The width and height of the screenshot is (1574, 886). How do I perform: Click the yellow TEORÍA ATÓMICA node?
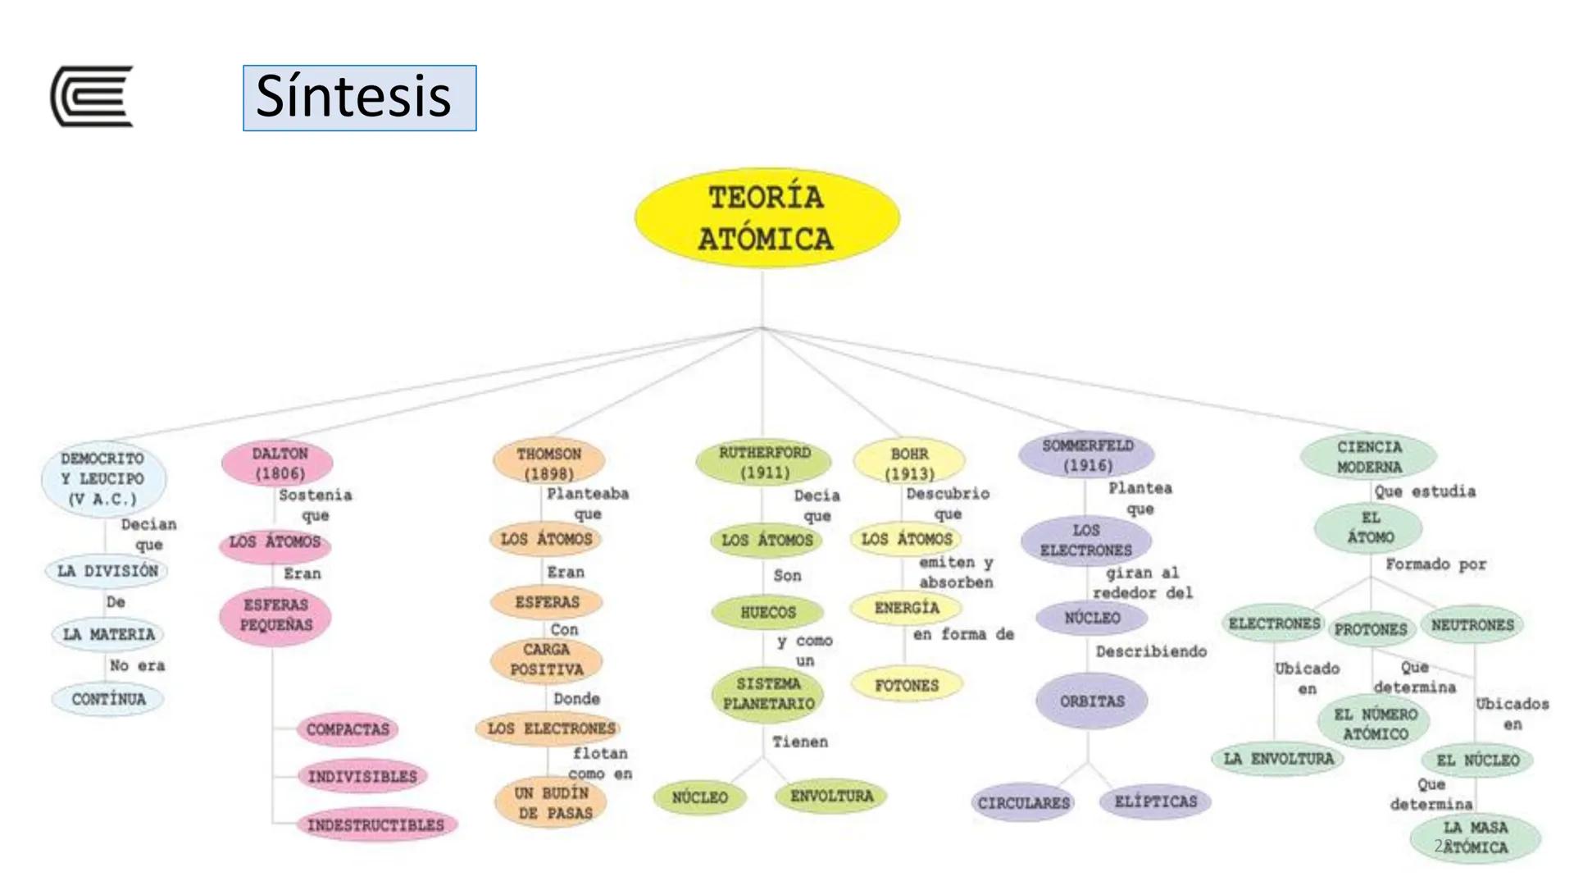coord(767,218)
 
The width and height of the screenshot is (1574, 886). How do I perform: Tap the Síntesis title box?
coord(359,98)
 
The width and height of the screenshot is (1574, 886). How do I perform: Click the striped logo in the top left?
coord(92,96)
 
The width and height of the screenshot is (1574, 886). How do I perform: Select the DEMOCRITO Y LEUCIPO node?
coord(103,479)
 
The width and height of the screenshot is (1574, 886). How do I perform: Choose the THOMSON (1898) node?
coord(548,464)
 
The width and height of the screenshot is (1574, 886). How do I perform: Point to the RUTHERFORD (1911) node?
coord(764,463)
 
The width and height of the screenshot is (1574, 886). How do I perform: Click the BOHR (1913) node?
coord(909,464)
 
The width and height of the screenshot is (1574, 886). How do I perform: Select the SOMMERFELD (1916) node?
coord(1087,455)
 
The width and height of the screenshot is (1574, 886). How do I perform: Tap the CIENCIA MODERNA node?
coord(1369,457)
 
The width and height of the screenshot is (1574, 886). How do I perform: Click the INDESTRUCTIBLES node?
coord(375,825)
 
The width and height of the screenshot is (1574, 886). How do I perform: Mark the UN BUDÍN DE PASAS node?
coord(552,803)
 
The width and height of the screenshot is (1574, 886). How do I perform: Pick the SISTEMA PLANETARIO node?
coord(768,694)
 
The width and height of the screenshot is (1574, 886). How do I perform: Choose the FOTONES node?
coord(907,685)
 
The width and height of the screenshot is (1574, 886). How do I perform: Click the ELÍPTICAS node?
coord(1156,802)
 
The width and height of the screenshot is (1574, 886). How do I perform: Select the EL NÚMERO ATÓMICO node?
coord(1375,724)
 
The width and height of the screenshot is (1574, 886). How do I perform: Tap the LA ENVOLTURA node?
coord(1279,759)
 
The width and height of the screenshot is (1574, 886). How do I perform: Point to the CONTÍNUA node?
coord(108,700)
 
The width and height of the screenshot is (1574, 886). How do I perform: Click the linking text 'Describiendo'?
coord(1151,651)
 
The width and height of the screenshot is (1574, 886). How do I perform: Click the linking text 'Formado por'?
coord(1435,564)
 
